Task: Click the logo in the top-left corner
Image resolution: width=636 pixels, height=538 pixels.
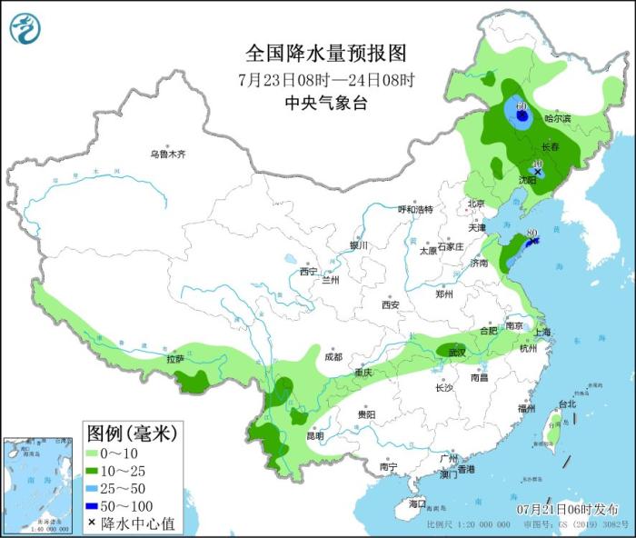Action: tap(25, 29)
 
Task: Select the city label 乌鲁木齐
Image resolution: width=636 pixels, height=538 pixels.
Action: tap(167, 154)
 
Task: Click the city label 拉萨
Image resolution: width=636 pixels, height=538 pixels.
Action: tap(175, 359)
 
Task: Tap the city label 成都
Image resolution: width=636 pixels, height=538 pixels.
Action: tap(333, 357)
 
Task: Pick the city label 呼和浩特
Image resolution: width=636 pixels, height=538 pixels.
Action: tap(416, 209)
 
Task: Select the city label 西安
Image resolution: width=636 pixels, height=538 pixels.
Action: tap(391, 304)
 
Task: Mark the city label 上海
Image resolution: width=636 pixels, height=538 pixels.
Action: tap(543, 333)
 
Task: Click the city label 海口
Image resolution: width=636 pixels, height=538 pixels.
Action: tap(417, 503)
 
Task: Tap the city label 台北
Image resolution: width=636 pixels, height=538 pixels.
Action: tap(566, 403)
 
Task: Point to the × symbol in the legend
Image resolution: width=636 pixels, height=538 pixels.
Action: tap(93, 523)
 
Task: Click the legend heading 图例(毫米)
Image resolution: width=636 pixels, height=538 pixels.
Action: tap(131, 431)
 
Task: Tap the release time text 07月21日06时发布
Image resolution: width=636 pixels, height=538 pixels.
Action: tap(566, 508)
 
